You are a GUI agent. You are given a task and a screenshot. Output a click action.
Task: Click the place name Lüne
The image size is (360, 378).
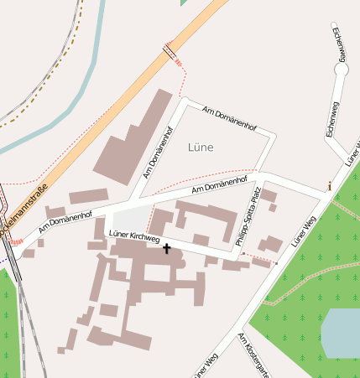point(201,147)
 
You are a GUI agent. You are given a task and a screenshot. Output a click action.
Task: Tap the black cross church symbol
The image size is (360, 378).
point(166,248)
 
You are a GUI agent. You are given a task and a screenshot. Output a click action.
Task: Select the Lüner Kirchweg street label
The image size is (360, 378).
point(134,236)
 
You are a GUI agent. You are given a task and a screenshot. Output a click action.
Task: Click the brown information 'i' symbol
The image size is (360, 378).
point(330,185)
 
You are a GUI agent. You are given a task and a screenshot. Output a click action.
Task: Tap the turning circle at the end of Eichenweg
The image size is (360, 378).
point(341,70)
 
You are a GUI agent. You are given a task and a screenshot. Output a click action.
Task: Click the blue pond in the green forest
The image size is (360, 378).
point(342,332)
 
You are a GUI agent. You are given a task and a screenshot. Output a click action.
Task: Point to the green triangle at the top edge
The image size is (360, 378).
point(184,3)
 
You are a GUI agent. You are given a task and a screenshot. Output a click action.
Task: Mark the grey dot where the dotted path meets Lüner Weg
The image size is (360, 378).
point(276,263)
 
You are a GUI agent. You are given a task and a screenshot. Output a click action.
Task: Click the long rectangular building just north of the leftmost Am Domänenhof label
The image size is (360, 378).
point(88,197)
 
